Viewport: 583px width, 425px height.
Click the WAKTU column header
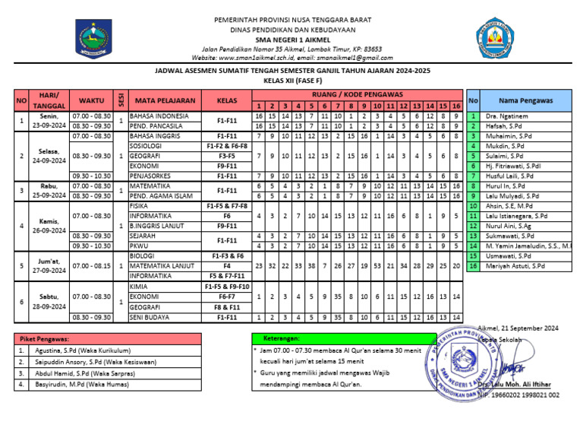pyautogui.click(x=91, y=100)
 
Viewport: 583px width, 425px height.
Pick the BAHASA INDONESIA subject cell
pyautogui.click(x=159, y=116)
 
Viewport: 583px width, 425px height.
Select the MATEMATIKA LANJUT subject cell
pyautogui.click(x=162, y=265)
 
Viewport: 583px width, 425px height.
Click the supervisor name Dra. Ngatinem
pyautogui.click(x=507, y=116)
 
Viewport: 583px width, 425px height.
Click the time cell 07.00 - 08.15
pyautogui.click(x=91, y=265)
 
